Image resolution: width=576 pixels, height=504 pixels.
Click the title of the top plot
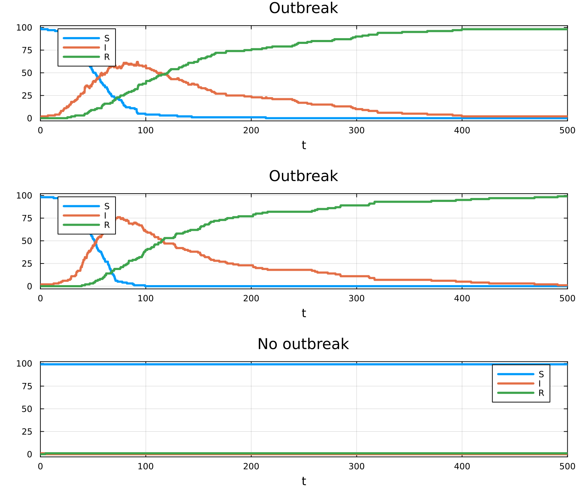pos(303,8)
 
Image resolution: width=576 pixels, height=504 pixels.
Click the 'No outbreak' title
pos(303,344)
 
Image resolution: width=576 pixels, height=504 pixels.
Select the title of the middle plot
pos(303,176)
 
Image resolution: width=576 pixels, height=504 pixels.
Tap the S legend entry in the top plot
pos(107,38)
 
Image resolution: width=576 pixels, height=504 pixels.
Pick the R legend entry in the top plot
pos(107,57)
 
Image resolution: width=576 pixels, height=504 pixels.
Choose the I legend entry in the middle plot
pos(105,216)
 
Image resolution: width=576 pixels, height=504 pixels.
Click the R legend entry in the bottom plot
pos(541,393)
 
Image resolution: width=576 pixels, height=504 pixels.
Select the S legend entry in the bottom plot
pos(541,374)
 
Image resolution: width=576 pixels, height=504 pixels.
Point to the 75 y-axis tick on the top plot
pos(27,50)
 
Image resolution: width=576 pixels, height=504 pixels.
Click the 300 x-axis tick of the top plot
pos(356,130)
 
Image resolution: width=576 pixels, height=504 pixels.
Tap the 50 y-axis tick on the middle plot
pos(27,241)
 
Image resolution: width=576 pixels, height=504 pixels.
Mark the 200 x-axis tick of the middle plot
pos(251,298)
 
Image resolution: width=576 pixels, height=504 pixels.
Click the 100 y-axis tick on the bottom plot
pos(24,364)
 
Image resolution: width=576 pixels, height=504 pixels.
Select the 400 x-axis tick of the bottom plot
pos(462,467)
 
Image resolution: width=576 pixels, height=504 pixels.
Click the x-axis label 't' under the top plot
pos(303,145)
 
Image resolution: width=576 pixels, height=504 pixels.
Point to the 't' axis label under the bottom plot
pos(303,481)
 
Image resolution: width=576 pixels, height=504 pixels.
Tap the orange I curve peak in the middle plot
pos(118,217)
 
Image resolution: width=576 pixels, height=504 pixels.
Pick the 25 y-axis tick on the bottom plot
pos(27,432)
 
